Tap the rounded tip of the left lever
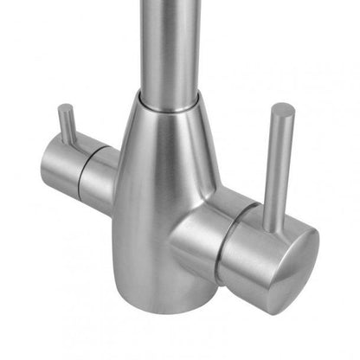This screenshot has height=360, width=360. [x=64, y=108]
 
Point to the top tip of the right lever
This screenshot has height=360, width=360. [x=282, y=108]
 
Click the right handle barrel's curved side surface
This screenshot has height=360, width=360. [x=247, y=260]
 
